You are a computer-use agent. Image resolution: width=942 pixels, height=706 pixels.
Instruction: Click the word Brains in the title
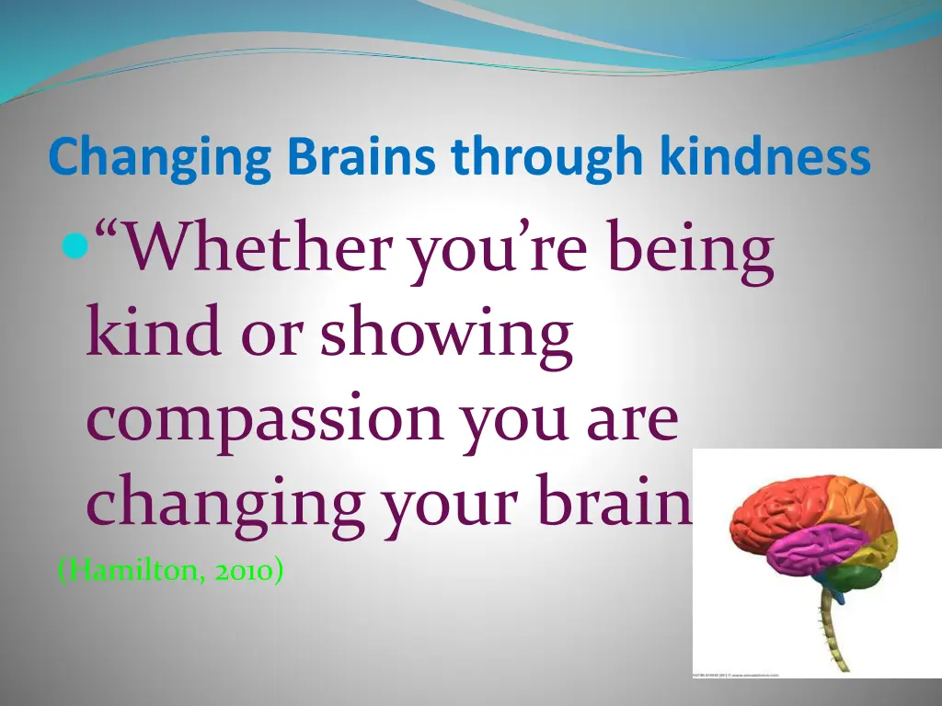pos(361,158)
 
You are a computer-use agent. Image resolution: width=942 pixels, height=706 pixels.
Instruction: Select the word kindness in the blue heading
pos(764,158)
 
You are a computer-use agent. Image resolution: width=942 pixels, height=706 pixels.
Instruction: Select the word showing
pos(446,336)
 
